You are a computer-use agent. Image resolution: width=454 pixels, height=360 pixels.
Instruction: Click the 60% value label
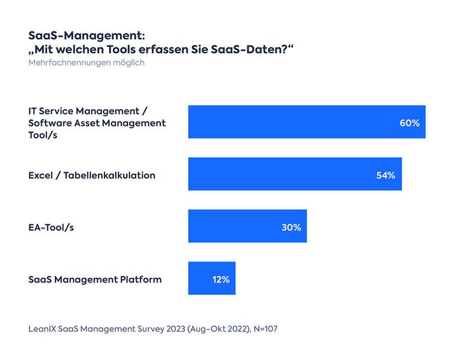[409, 122]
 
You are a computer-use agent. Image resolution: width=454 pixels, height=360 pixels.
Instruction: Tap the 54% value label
[386, 175]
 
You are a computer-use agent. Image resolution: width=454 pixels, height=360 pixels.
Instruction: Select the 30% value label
[291, 227]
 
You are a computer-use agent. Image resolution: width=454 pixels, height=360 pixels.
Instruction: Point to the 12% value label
[220, 280]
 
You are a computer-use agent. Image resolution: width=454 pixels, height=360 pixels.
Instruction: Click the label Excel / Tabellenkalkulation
[92, 175]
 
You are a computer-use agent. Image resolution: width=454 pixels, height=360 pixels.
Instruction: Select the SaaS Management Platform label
[95, 280]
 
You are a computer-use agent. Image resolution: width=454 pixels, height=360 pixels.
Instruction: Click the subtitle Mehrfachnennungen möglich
[86, 62]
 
